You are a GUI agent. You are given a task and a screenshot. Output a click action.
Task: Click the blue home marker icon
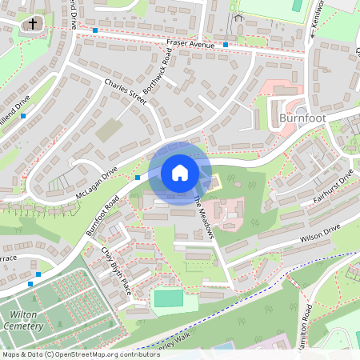tap(180, 173)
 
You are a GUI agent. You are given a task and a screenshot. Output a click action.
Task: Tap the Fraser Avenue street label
tap(190, 44)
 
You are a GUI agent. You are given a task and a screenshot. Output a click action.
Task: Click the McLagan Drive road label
tap(97, 183)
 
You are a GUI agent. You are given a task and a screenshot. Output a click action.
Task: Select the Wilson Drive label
tap(320, 233)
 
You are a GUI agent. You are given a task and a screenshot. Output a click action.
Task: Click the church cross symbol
tap(32, 24)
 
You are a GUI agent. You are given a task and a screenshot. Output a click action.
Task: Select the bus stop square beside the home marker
tap(138, 177)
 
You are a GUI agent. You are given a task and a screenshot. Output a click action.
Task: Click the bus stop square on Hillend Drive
tap(23, 117)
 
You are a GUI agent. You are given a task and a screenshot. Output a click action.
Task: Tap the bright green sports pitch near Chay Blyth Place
tap(169, 298)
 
